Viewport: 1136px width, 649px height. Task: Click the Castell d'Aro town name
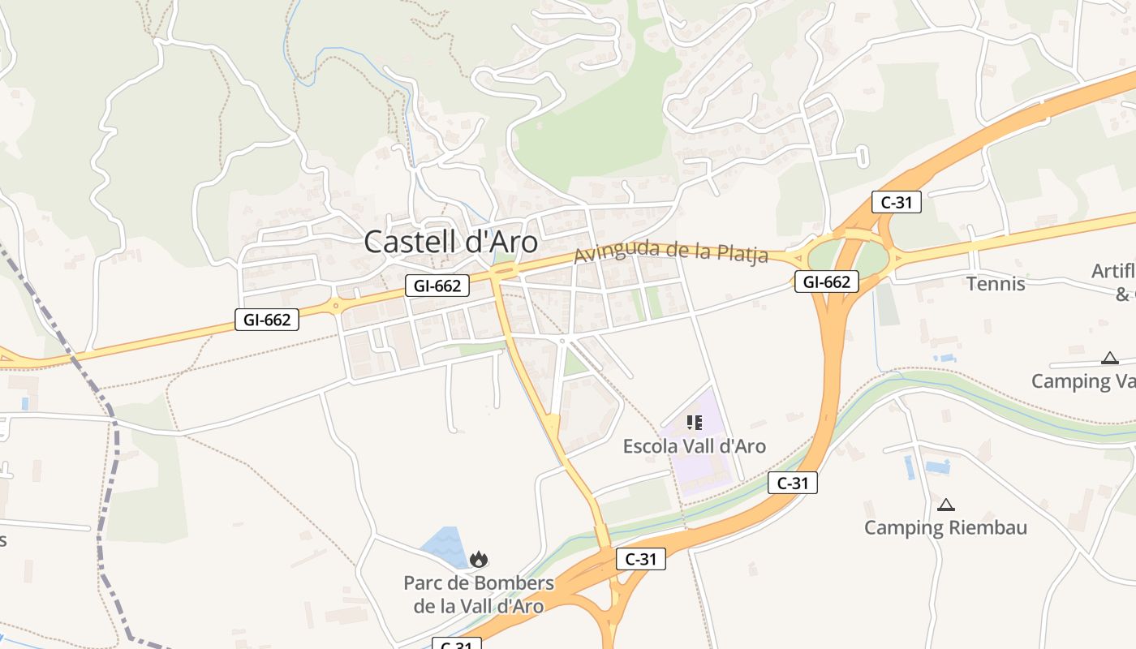pos(450,242)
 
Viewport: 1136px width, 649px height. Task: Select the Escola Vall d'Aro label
pos(694,446)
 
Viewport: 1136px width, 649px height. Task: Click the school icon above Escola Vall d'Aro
pos(694,423)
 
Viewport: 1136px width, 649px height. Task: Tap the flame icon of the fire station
pos(479,559)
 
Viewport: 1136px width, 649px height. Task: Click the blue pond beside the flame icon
pos(443,546)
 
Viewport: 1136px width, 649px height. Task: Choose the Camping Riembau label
pos(945,527)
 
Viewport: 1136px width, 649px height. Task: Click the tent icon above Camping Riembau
pos(945,505)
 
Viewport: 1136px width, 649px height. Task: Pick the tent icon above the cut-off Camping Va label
pos(1109,358)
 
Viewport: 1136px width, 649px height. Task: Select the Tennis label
pos(996,284)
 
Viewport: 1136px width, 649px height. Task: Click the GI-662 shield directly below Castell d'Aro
pos(437,286)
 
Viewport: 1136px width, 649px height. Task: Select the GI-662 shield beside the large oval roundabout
pos(826,282)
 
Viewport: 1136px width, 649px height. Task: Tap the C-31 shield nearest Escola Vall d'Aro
pos(792,484)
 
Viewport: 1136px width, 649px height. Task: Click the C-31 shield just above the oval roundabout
pos(896,202)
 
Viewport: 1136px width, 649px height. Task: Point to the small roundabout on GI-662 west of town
pos(335,307)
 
